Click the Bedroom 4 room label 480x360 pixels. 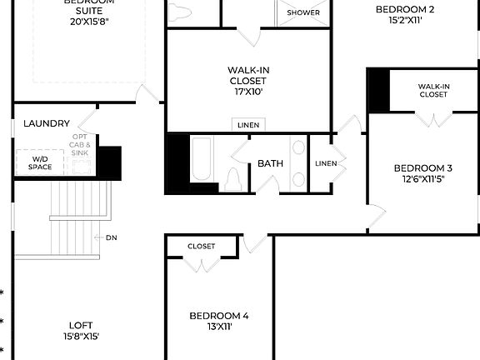click(219, 316)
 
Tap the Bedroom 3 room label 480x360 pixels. click(423, 167)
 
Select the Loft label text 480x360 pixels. click(81, 325)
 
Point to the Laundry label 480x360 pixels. click(47, 123)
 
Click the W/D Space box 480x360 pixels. click(42, 162)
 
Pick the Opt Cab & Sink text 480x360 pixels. click(80, 146)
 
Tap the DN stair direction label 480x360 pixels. click(112, 237)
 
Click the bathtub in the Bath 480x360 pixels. click(202, 159)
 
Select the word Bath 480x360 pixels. click(270, 163)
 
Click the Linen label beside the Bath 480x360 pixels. click(326, 163)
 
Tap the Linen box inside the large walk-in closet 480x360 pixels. click(248, 125)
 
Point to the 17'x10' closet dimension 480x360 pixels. click(248, 92)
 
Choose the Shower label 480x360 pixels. click(303, 13)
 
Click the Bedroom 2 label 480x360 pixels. click(404, 9)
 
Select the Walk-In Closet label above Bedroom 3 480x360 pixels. click(433, 90)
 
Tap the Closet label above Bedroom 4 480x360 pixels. click(201, 247)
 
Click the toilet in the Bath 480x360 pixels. click(233, 178)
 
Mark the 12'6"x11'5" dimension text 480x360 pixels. click(423, 179)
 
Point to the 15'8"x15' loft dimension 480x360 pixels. click(81, 337)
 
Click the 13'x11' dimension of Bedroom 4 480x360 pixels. click(219, 327)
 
